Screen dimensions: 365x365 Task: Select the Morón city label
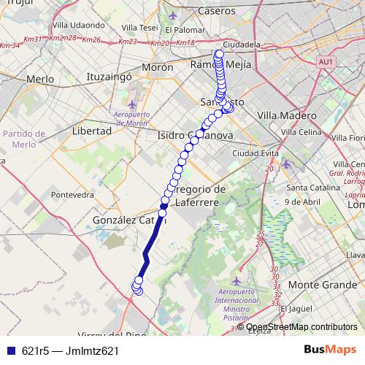pos(156,67)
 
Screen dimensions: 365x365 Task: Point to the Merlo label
pos(39,78)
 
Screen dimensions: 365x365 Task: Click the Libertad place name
pos(92,131)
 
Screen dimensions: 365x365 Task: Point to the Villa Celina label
pos(301,131)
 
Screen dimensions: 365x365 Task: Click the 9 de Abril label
pos(304,201)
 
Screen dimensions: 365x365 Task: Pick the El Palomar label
pos(183,30)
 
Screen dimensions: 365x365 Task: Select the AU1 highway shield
pos(326,63)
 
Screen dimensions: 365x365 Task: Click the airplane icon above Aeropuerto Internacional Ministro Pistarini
pos(236,280)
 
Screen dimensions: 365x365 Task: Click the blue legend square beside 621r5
pos(10,351)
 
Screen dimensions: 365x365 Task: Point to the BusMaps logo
pos(329,350)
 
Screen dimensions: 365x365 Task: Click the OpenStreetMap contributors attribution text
pos(302,327)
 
